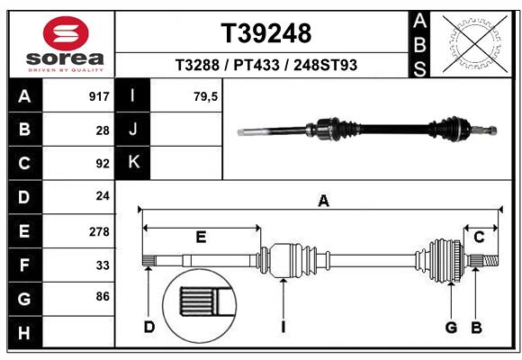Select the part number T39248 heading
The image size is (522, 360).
click(266, 33)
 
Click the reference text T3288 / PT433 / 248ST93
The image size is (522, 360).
click(266, 65)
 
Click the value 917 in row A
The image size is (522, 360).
click(99, 96)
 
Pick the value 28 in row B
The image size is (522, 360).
click(103, 130)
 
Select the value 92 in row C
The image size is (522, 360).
click(103, 164)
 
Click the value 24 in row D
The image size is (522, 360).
click(103, 197)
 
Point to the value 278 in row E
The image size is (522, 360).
click(99, 231)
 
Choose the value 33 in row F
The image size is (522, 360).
click(103, 265)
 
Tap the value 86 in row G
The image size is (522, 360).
click(103, 295)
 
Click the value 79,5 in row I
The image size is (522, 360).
click(206, 96)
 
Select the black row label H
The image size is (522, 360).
click(24, 334)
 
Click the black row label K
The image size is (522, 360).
click(133, 163)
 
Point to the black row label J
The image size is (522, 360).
click(133, 130)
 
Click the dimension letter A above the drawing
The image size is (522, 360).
click(323, 202)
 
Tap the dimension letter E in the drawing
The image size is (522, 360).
click(201, 238)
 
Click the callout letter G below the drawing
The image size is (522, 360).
click(451, 327)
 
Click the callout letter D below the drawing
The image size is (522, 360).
click(149, 327)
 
